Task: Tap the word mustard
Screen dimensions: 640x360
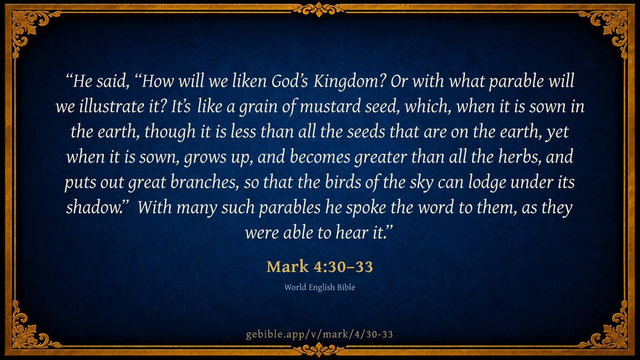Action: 330,106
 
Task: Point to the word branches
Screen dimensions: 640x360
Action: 204,182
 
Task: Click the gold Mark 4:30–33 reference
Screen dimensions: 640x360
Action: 319,267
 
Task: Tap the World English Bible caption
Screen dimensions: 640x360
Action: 319,287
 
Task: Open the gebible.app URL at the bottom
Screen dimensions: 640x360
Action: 319,334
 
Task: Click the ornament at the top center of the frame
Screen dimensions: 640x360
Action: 319,10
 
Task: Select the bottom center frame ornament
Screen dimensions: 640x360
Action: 319,350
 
